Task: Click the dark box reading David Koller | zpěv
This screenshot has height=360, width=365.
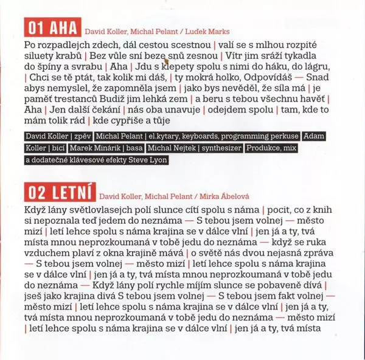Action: (54, 135)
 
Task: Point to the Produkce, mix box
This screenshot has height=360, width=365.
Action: (275, 148)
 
